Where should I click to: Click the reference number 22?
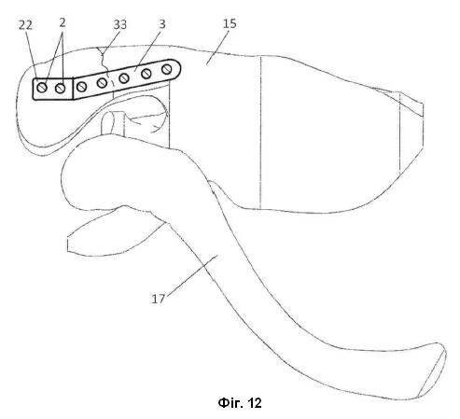tap(25, 25)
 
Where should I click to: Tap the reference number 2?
tap(63, 22)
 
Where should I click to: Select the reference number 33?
tap(120, 24)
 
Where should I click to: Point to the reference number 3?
tap(162, 24)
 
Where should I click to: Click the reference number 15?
tap(230, 23)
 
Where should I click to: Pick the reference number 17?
tap(159, 299)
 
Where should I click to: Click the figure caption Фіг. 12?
tap(240, 403)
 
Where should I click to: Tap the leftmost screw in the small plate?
tap(42, 88)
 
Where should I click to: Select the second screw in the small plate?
tap(61, 89)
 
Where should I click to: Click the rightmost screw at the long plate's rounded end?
tap(167, 69)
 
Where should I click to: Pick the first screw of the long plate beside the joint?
tap(81, 87)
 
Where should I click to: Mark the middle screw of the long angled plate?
tap(124, 78)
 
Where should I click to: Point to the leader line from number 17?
tap(191, 275)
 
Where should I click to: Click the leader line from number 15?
tap(216, 48)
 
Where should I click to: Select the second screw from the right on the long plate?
tap(146, 74)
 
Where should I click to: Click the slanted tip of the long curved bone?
tap(432, 370)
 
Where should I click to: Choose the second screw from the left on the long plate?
tap(102, 83)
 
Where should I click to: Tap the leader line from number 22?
tap(32, 54)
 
